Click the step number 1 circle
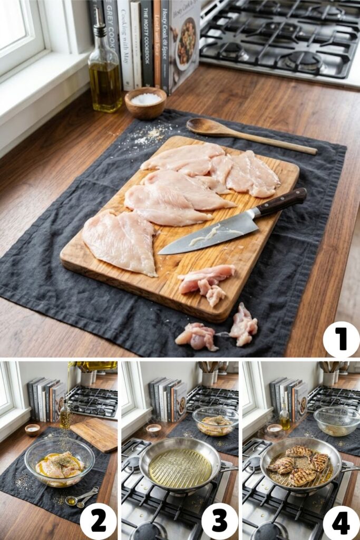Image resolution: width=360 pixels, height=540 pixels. click(341, 339)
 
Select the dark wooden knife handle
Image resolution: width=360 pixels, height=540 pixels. click(281, 202)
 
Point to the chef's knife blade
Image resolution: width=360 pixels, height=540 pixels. click(211, 235)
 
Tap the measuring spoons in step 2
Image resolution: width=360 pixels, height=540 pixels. click(82, 497)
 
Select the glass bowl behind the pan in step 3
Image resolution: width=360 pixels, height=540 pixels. click(215, 421)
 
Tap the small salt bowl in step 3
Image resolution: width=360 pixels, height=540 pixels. click(154, 430)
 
